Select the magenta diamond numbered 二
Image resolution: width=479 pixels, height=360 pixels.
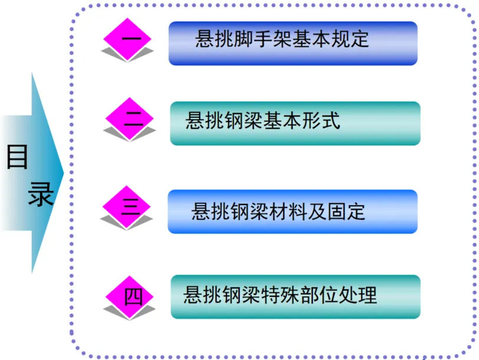coord(130,120)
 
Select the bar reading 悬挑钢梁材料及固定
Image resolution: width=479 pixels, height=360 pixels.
coord(293,211)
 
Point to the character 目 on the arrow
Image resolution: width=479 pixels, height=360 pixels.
coord(17,157)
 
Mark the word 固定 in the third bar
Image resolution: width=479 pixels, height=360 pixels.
coord(348,211)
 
